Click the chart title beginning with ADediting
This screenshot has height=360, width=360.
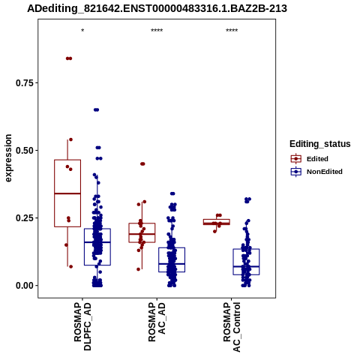click(157, 9)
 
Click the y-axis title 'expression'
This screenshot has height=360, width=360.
click(8, 158)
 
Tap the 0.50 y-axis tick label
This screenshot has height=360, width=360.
click(25, 151)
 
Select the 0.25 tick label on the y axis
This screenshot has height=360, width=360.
click(25, 218)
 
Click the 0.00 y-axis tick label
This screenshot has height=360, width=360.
click(25, 286)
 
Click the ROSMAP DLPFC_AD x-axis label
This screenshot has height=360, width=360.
click(82, 326)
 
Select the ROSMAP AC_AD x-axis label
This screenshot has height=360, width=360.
click(157, 322)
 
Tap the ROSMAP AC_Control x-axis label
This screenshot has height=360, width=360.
click(232, 327)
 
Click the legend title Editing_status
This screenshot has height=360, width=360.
click(320, 144)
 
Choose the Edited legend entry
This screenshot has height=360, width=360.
click(310, 159)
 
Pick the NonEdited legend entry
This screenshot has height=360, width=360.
click(316, 172)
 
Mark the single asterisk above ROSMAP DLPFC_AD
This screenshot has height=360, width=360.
click(82, 31)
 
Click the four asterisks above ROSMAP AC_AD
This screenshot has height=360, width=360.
click(157, 31)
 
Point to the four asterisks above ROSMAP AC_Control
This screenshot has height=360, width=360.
click(232, 31)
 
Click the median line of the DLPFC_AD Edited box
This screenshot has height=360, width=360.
click(67, 193)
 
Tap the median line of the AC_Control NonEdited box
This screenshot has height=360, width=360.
click(246, 266)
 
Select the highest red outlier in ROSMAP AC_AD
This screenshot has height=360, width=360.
click(142, 164)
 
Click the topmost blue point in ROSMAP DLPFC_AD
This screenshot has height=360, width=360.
click(96, 109)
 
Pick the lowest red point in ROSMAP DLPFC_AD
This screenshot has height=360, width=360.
click(70, 267)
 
